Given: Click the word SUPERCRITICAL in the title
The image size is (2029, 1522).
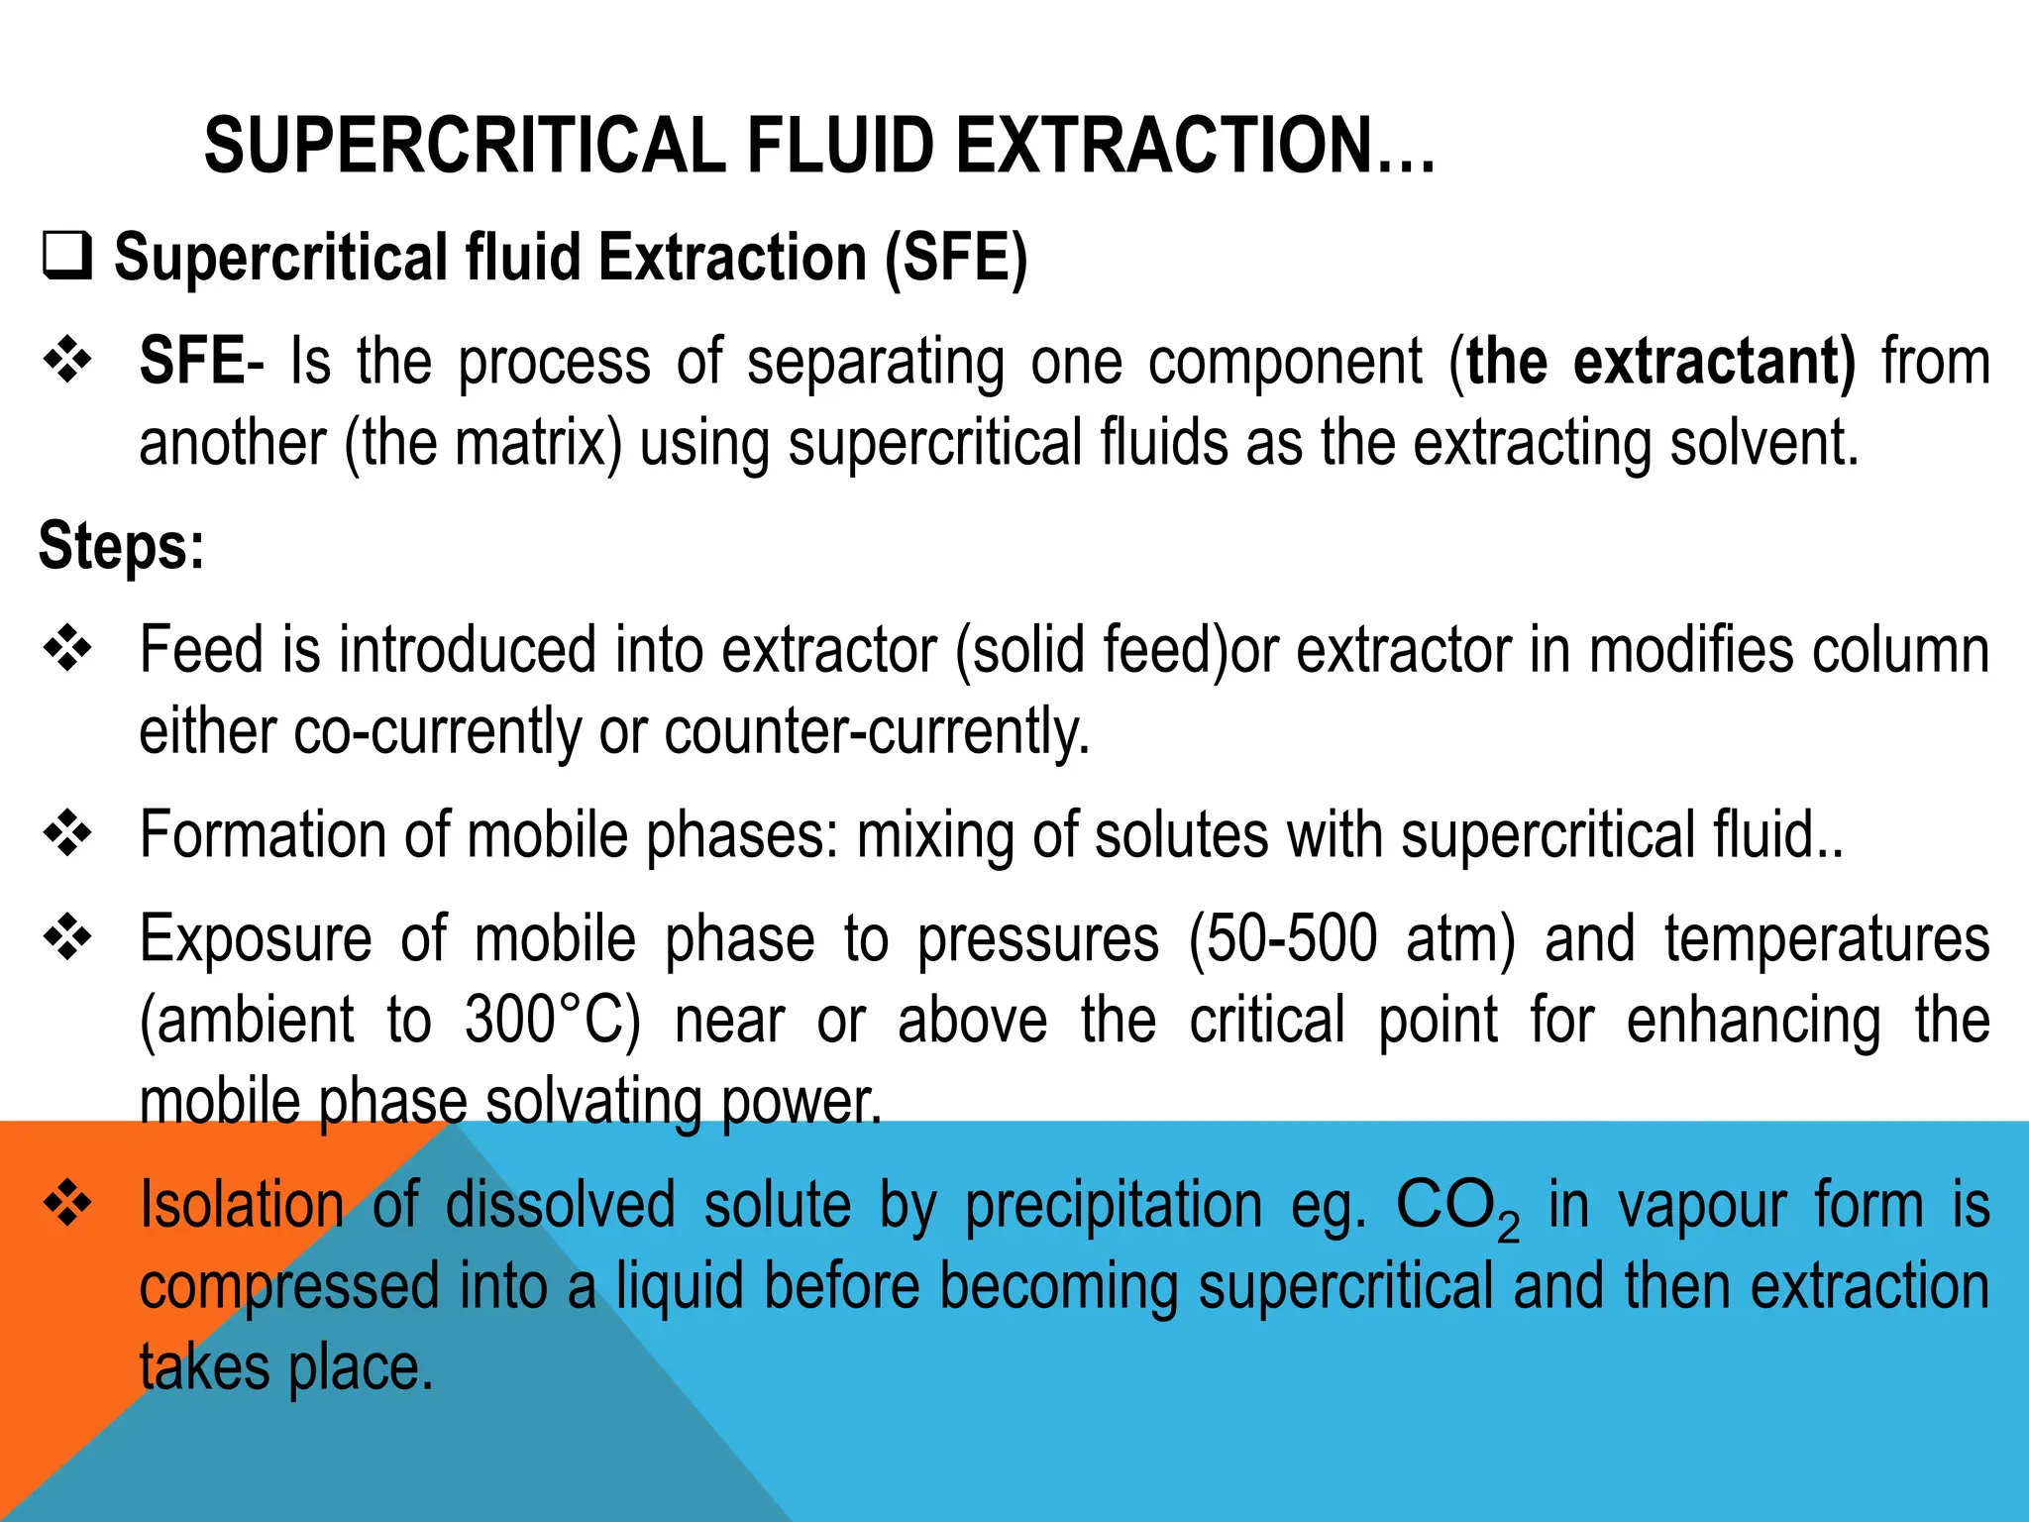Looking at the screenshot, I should (466, 146).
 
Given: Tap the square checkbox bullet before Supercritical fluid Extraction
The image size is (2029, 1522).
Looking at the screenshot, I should (67, 256).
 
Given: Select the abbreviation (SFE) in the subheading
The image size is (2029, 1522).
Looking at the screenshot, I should (956, 258).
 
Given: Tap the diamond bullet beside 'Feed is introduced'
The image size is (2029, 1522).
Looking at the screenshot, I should (67, 650).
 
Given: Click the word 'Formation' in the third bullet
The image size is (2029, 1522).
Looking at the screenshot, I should (263, 834).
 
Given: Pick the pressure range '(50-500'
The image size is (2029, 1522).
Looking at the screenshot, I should (1282, 938).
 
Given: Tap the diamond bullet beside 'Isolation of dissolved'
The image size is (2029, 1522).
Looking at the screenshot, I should (67, 1205).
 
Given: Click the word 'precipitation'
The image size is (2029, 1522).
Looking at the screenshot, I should (1114, 1207).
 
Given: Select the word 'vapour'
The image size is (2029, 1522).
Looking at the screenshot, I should (1702, 1207).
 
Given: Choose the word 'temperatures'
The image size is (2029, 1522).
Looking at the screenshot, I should (1827, 938).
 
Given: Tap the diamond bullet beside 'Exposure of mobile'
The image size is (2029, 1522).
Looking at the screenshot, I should (67, 937).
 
